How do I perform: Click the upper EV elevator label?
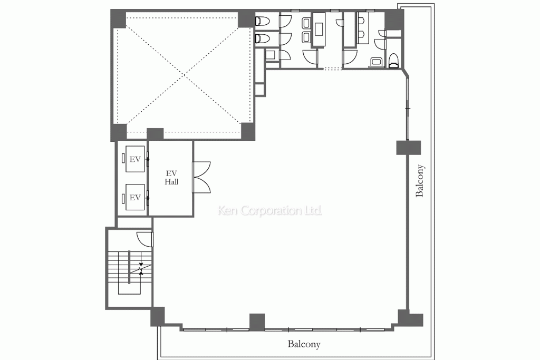pos(135,159)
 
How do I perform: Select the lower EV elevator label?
pos(135,198)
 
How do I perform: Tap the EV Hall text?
pos(171,177)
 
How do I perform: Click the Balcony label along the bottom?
pos(304,344)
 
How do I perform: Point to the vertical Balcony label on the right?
pos(420,181)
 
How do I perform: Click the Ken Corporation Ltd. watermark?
pos(270,210)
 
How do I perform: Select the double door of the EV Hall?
pos(201,177)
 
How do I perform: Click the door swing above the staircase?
pos(144,239)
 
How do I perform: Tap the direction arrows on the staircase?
pos(141,268)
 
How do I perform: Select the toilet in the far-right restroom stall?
pos(393,61)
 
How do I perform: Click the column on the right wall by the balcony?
pos(409,148)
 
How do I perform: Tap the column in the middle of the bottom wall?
pos(257,323)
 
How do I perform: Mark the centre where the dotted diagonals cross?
pos(184,75)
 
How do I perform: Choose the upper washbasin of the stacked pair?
pos(305,23)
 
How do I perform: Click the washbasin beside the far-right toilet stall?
pos(375,62)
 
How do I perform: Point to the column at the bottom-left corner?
pos(157,317)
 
